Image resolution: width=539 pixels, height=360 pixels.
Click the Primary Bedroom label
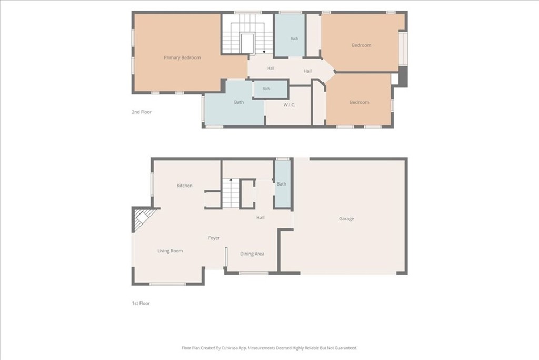click(x=182, y=57)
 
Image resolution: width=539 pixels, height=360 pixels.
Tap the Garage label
click(x=346, y=219)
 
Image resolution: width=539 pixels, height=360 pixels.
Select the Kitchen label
click(x=185, y=186)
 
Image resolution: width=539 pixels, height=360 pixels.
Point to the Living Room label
click(x=170, y=251)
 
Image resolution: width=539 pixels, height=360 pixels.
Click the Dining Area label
click(x=252, y=254)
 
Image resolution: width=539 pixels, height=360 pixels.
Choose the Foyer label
click(x=214, y=238)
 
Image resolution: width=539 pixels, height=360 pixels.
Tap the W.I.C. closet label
click(x=289, y=105)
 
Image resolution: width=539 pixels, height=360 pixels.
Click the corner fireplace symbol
click(x=141, y=219)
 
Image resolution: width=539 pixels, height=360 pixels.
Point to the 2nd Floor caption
click(x=142, y=112)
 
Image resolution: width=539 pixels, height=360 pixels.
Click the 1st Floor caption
click(x=141, y=303)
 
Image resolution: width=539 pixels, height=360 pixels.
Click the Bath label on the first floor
click(x=282, y=184)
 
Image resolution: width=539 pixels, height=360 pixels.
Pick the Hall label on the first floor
click(x=260, y=218)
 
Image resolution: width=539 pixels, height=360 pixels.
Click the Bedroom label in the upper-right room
click(x=361, y=45)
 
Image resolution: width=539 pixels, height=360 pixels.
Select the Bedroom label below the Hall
click(x=359, y=102)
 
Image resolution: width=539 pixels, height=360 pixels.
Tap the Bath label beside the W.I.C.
click(x=266, y=89)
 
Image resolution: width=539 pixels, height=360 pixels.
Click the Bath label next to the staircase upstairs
click(x=294, y=38)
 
